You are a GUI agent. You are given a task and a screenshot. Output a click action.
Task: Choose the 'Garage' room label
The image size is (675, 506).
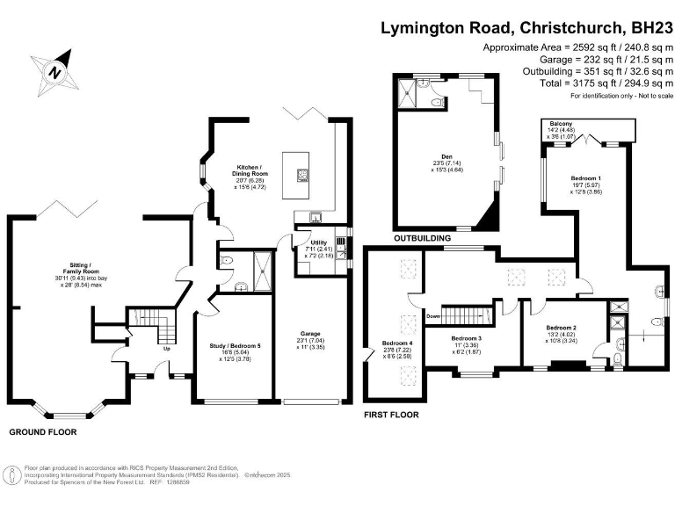[x=310, y=333]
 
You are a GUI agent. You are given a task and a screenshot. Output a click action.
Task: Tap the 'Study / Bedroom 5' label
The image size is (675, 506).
[x=227, y=345]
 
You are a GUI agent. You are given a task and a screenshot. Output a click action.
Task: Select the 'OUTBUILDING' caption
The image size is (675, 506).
[x=422, y=238]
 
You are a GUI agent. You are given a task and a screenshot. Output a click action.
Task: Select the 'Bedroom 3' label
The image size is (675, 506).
[x=467, y=338]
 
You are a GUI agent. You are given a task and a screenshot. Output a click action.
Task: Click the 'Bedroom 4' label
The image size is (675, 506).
[x=396, y=343]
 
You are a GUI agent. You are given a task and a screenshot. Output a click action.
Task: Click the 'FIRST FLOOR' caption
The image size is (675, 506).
[x=391, y=414]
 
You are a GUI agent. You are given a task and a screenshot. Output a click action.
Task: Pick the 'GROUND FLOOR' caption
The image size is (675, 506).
[x=43, y=432]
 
